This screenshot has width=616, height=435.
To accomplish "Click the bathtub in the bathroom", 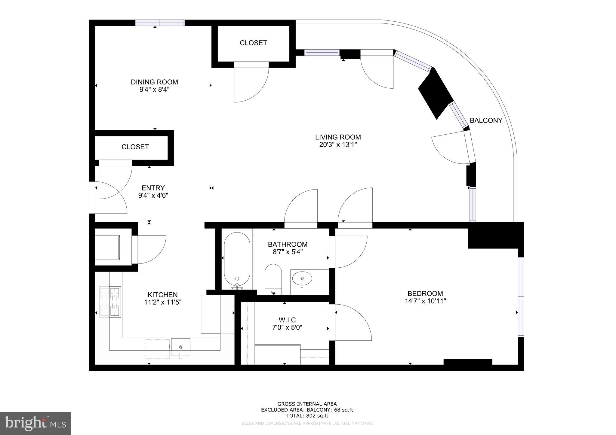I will (237, 259).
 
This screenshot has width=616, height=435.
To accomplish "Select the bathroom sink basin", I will (302, 278).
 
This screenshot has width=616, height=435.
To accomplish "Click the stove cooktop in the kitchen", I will (110, 302).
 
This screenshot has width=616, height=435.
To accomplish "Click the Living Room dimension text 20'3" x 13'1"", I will (338, 145).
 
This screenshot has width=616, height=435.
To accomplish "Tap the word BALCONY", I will (486, 120).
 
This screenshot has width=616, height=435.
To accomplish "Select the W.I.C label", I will (287, 320).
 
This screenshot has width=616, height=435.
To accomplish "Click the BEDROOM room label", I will (425, 294).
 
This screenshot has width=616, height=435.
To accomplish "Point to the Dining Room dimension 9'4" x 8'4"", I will (154, 90).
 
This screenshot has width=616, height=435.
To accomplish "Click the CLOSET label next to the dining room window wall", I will (253, 43).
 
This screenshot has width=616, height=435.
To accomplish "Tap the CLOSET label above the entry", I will (135, 147).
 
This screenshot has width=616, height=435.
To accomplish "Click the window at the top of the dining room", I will (160, 23).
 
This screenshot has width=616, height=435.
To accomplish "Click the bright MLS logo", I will (35, 423).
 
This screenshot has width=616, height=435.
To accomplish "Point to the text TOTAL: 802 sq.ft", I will (307, 416).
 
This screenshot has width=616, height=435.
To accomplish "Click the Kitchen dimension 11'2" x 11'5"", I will (162, 302).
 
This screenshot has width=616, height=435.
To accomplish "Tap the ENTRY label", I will (153, 188).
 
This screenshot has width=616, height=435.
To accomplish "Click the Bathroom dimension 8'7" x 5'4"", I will (288, 252).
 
